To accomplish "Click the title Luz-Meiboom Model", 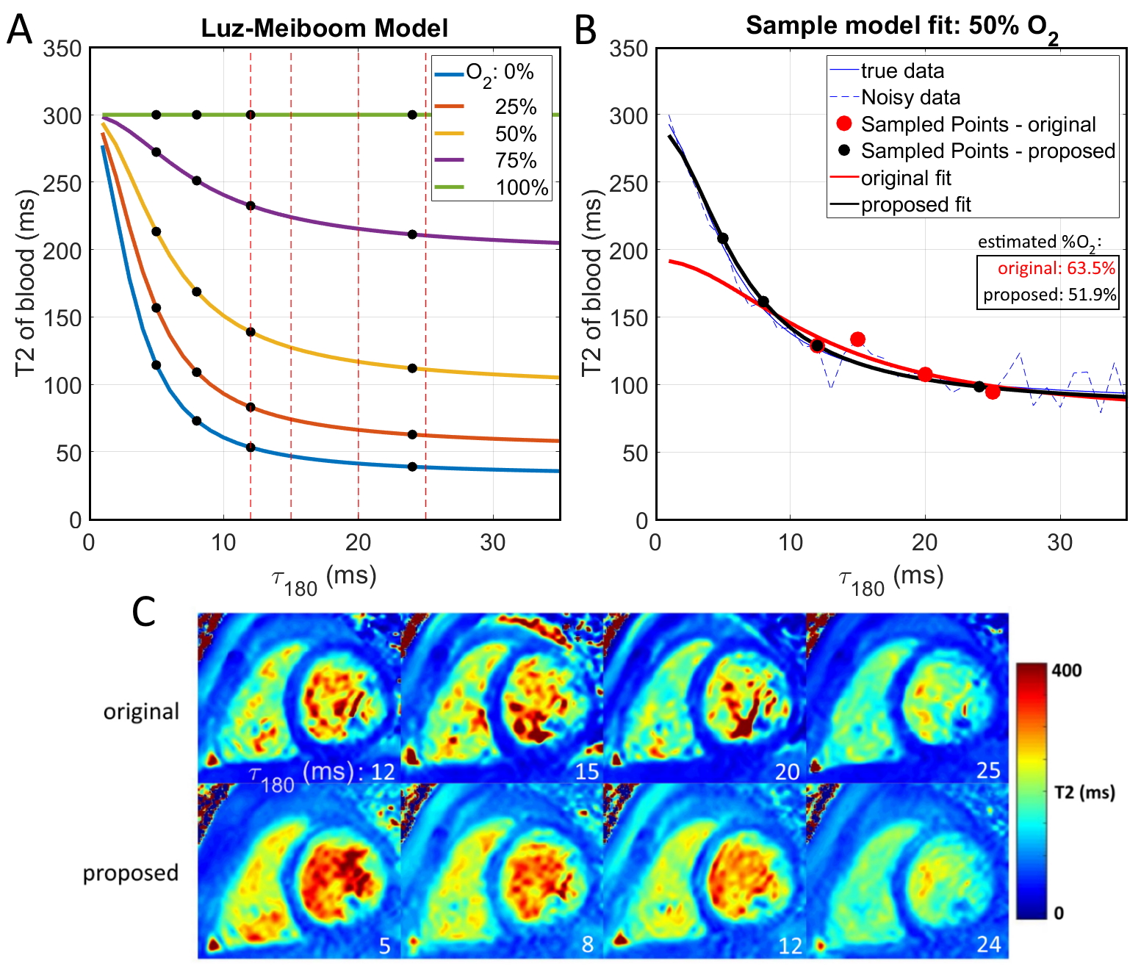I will pos(324,29).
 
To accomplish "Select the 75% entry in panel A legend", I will pos(516,160).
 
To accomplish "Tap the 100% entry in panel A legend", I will pos(522,187).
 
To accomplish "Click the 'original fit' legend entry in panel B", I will pos(906,178).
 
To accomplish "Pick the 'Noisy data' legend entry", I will pos(910,97).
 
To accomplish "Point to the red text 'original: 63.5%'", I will pos(1056,268).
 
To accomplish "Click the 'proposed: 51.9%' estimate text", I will pos(1049,295).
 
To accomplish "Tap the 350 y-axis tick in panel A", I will pos(62,49).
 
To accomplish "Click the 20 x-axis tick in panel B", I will pos(925,543).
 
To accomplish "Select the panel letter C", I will pos(144,611).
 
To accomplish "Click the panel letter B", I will pos(586,31).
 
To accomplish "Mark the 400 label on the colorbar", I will pos(1066,669).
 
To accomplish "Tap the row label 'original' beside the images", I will pos(141,711).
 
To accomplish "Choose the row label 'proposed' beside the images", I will pos(131,873).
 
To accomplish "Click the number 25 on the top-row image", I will pos(988,770).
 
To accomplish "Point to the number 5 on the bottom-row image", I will pos(384,946).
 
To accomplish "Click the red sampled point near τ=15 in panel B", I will pos(857,339).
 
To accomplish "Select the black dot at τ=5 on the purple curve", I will pos(156,152).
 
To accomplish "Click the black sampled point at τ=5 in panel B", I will pos(723,238).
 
